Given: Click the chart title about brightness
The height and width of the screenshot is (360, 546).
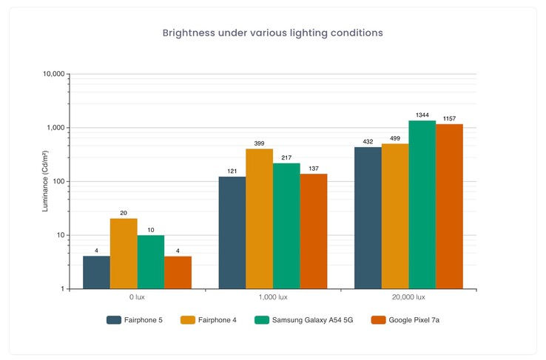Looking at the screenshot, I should click(x=272, y=33).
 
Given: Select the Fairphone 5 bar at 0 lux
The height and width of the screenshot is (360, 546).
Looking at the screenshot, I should click(x=96, y=272).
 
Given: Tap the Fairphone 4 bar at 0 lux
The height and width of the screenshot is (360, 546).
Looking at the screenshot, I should click(x=124, y=254).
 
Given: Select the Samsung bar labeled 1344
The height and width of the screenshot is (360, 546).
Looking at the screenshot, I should click(x=422, y=204).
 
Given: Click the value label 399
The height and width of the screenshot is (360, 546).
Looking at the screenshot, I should click(x=259, y=143).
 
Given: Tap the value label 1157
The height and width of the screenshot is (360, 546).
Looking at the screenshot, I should click(x=449, y=119).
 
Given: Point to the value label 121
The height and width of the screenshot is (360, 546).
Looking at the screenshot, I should click(x=232, y=171).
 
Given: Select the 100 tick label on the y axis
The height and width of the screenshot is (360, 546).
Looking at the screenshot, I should click(x=58, y=182).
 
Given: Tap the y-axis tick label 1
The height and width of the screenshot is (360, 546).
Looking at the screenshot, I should click(x=63, y=289).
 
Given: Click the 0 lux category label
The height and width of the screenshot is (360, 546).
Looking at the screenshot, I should click(x=137, y=297).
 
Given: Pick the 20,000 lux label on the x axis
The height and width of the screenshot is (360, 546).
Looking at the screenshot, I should click(x=408, y=297).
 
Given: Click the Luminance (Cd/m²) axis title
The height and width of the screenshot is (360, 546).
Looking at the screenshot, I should click(x=45, y=181).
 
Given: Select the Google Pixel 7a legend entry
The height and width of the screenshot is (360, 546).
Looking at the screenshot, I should click(x=406, y=320).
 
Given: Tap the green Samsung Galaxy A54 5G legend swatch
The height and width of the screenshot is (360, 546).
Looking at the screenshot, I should click(x=261, y=320).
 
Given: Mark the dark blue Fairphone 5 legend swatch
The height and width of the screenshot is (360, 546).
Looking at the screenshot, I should click(x=114, y=320).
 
